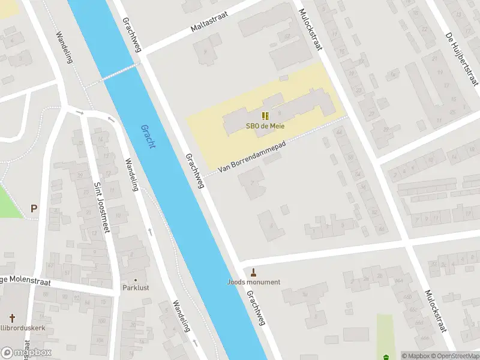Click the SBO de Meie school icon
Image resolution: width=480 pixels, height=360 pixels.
tap(265, 116)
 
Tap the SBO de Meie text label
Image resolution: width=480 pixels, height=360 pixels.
tap(265, 126)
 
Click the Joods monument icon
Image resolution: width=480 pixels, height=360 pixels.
tap(253, 272)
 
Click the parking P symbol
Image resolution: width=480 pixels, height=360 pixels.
tap(34, 209)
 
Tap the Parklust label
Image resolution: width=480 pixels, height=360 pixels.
tap(135, 287)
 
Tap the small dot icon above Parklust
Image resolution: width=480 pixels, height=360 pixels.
tap(135, 280)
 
